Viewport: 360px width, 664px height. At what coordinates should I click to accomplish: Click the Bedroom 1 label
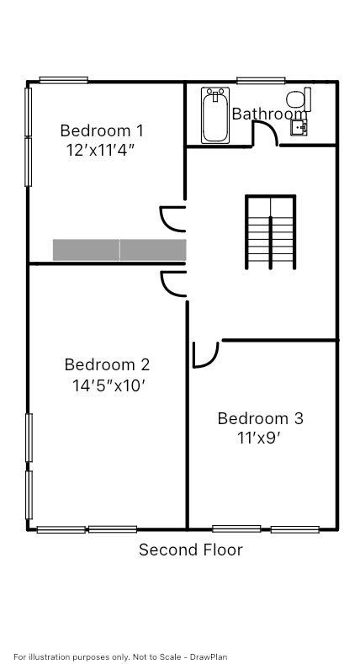tap(101, 130)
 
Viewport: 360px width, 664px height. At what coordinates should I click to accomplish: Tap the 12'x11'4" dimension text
tap(101, 151)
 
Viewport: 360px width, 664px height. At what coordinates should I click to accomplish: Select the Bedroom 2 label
tap(107, 364)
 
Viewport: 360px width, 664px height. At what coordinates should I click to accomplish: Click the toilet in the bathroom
tap(299, 100)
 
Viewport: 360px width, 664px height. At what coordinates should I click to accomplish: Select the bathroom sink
tap(299, 127)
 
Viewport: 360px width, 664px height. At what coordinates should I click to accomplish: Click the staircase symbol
tap(270, 232)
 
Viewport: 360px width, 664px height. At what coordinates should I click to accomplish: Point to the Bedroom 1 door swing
tap(172, 218)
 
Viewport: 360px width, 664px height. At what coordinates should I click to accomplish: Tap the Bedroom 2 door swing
tap(172, 284)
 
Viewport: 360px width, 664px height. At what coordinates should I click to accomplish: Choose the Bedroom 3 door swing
tap(204, 353)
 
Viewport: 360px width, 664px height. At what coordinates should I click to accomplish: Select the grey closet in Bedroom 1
tap(119, 250)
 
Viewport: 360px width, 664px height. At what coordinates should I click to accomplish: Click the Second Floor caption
tap(190, 550)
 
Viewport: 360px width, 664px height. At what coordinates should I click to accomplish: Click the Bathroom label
tap(269, 114)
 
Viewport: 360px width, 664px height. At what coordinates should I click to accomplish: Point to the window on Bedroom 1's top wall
tap(63, 81)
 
